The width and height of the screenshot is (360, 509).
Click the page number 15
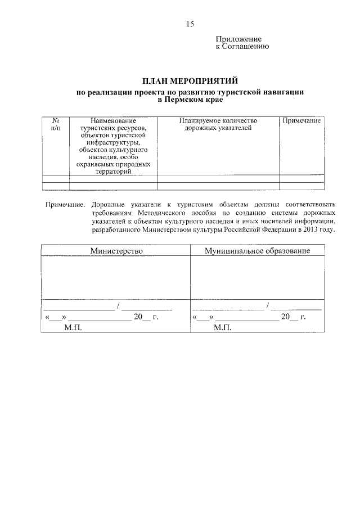[190, 24]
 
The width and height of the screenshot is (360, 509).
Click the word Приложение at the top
[239, 39]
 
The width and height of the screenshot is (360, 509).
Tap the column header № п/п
[56, 125]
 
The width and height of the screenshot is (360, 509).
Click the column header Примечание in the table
[301, 121]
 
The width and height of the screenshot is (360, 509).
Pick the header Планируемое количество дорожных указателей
[218, 125]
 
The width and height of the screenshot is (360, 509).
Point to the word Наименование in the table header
[112, 121]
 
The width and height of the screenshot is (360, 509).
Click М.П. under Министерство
[73, 327]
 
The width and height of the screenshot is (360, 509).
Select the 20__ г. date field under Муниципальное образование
[294, 317]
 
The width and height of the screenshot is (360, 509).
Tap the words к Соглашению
[242, 46]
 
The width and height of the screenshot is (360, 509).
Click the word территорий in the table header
[112, 172]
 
